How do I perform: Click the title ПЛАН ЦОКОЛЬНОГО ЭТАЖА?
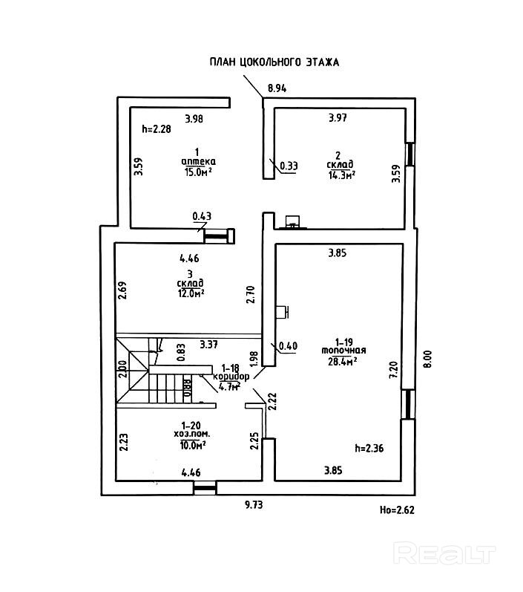tap(274, 62)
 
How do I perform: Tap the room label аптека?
tap(199, 162)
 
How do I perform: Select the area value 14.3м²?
tap(343, 175)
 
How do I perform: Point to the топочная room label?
tap(343, 351)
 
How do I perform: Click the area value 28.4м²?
tap(343, 361)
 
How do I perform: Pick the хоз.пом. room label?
tap(192, 435)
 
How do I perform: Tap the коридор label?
tap(231, 377)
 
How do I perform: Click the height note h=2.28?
tap(156, 129)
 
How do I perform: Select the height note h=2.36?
tap(369, 448)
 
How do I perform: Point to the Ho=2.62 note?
tap(397, 510)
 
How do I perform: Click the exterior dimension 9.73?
tap(254, 504)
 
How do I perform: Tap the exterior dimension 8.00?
tap(427, 359)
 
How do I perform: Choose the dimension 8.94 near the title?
tap(277, 88)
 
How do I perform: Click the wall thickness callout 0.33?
tap(289, 166)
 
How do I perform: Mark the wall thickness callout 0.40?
tap(288, 346)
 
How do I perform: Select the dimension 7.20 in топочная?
tap(393, 370)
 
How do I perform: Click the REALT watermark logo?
tap(444, 553)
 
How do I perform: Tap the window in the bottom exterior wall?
tap(205, 488)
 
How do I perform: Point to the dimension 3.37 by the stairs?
tap(209, 345)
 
